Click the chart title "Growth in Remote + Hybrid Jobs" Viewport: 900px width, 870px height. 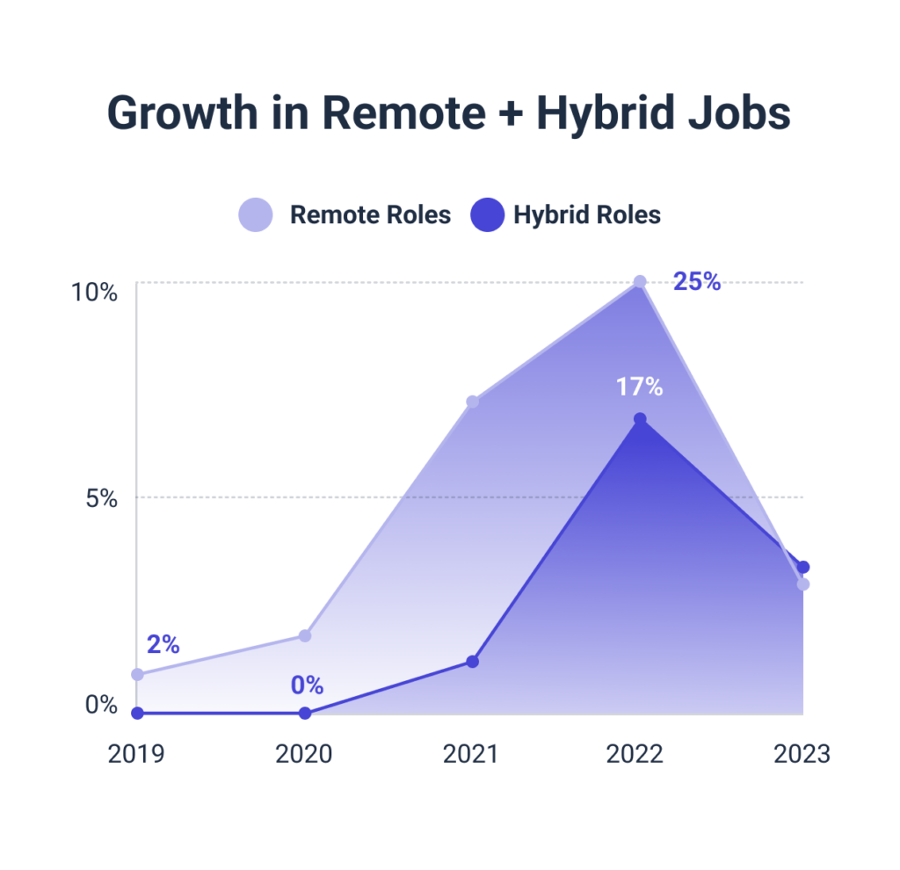point(449,113)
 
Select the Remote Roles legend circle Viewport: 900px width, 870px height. point(256,214)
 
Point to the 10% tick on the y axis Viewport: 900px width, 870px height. point(94,292)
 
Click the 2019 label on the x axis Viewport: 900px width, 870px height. point(136,755)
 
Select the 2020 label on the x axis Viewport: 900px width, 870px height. point(303,755)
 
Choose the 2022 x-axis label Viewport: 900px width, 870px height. point(635,755)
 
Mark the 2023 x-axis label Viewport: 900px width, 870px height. point(801,755)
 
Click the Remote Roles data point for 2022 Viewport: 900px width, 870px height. point(640,282)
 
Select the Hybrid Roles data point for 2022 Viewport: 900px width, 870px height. point(640,419)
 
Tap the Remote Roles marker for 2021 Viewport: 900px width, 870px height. point(472,402)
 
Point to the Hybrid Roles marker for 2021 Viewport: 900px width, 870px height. point(472,661)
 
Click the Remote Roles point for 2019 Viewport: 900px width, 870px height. point(137,674)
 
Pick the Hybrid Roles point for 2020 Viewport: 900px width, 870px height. point(305,713)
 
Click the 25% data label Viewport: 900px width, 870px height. point(697,282)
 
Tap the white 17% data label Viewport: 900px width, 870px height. point(639,387)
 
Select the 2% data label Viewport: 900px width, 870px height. point(163,644)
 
